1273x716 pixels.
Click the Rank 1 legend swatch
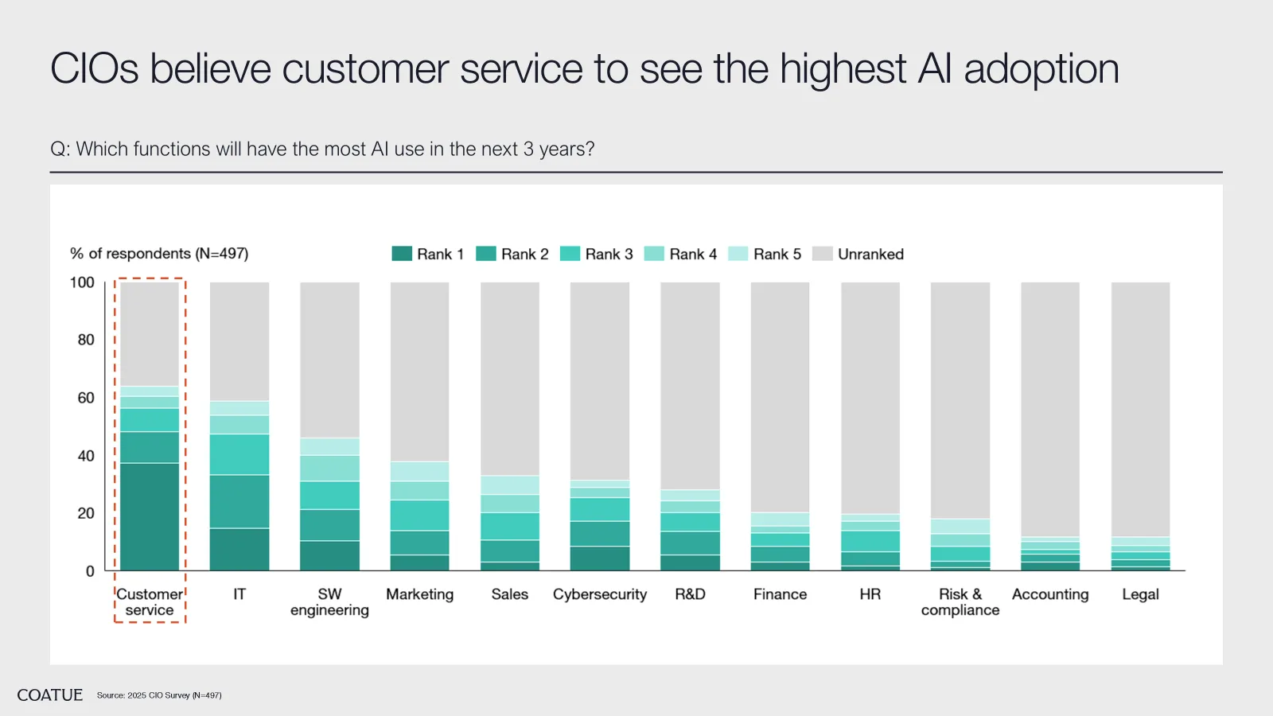pyautogui.click(x=402, y=254)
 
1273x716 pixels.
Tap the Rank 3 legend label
pyautogui.click(x=609, y=254)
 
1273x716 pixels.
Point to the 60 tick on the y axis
pyautogui.click(x=86, y=398)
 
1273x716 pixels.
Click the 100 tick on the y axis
pyautogui.click(x=82, y=282)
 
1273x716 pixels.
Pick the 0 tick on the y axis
pyautogui.click(x=90, y=571)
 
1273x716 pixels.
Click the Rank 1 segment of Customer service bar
pyautogui.click(x=150, y=516)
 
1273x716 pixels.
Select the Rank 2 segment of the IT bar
pyautogui.click(x=239, y=501)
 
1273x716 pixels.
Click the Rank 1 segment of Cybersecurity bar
pyautogui.click(x=600, y=558)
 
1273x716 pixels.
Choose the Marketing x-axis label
pyautogui.click(x=419, y=594)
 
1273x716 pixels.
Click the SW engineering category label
pyautogui.click(x=329, y=602)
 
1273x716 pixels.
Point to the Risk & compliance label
pyautogui.click(x=960, y=602)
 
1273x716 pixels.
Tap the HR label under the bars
pyautogui.click(x=870, y=594)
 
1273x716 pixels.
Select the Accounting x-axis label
pyautogui.click(x=1050, y=594)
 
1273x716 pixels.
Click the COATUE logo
pyautogui.click(x=50, y=695)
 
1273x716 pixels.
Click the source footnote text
pyautogui.click(x=159, y=695)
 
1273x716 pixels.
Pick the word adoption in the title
pyautogui.click(x=1041, y=69)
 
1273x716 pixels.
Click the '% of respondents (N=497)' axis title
pyautogui.click(x=159, y=254)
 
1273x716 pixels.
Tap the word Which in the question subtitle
pyautogui.click(x=102, y=150)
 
